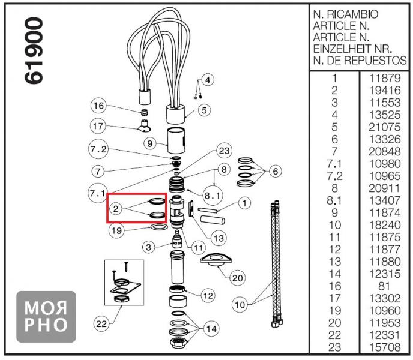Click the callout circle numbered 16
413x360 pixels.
point(98,106)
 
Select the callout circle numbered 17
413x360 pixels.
point(98,127)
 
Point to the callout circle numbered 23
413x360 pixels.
point(224,150)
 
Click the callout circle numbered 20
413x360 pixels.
point(238,278)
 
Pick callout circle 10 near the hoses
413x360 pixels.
point(240,305)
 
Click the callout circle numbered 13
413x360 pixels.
point(219,238)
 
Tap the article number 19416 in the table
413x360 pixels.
point(382,89)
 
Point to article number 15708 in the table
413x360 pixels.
point(382,347)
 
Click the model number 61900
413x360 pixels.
point(35,51)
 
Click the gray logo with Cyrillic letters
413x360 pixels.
point(46,316)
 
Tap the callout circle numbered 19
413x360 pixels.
point(116,229)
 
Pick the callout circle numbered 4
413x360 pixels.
point(208,80)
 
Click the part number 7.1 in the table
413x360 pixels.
point(334,163)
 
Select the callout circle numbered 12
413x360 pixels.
point(208,295)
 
